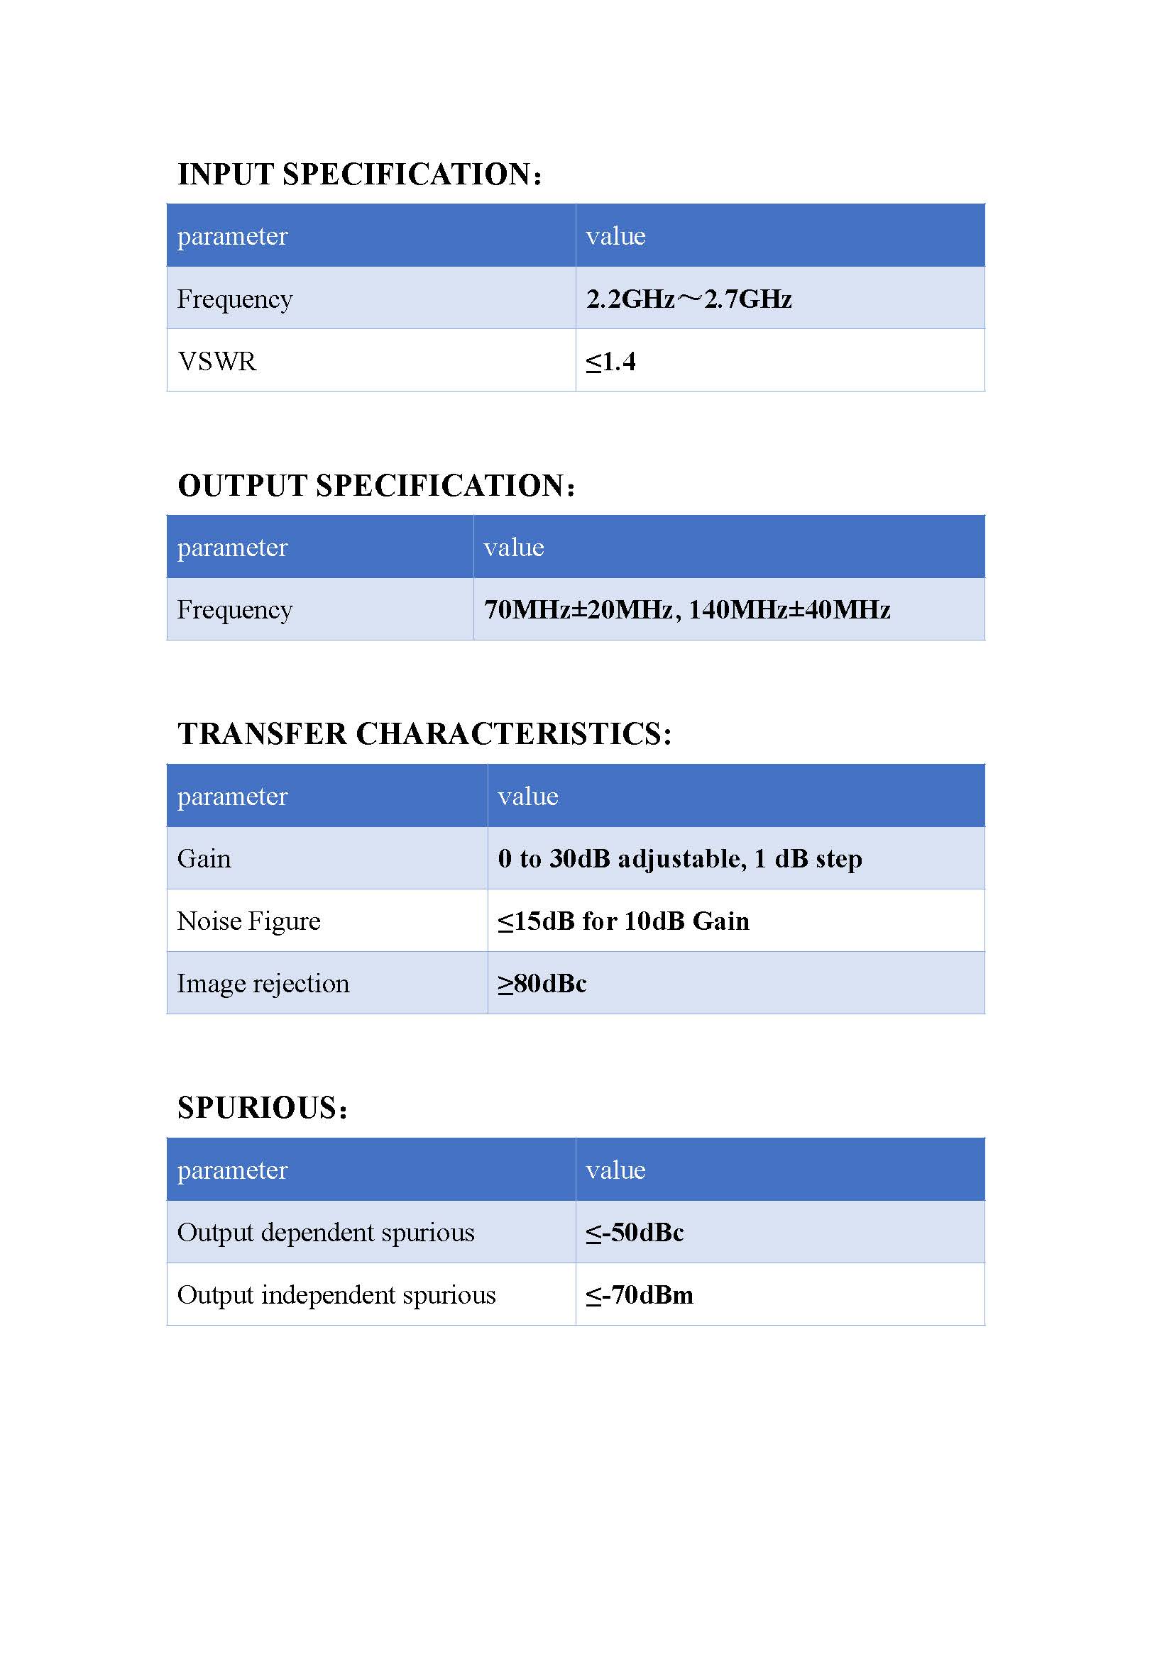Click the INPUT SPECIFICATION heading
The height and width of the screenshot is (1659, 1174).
(x=359, y=174)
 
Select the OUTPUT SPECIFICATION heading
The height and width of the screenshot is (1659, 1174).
(x=376, y=486)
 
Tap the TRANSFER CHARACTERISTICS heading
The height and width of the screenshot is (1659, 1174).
(x=424, y=734)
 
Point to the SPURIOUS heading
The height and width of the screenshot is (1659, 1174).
(x=263, y=1108)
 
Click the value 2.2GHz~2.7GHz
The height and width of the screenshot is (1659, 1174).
(x=689, y=299)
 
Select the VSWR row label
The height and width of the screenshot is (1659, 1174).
(x=217, y=361)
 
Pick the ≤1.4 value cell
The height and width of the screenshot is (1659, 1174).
(x=611, y=361)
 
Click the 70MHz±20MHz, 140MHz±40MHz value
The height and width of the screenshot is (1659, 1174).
(x=687, y=610)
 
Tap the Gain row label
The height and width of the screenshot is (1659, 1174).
(x=204, y=858)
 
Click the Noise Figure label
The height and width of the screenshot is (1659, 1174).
(x=248, y=921)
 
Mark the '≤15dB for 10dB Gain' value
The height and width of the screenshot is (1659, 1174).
(x=623, y=921)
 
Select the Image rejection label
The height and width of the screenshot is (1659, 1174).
(x=263, y=983)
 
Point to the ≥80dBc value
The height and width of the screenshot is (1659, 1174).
(x=542, y=983)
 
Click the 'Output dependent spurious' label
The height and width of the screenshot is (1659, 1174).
(x=325, y=1232)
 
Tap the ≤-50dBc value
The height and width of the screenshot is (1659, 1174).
(x=635, y=1232)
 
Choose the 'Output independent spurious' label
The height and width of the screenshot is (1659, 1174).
(x=336, y=1295)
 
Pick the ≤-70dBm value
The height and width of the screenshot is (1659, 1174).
(x=639, y=1295)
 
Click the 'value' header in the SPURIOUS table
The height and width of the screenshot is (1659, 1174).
(x=615, y=1170)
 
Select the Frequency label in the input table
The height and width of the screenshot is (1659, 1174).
(x=235, y=299)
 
